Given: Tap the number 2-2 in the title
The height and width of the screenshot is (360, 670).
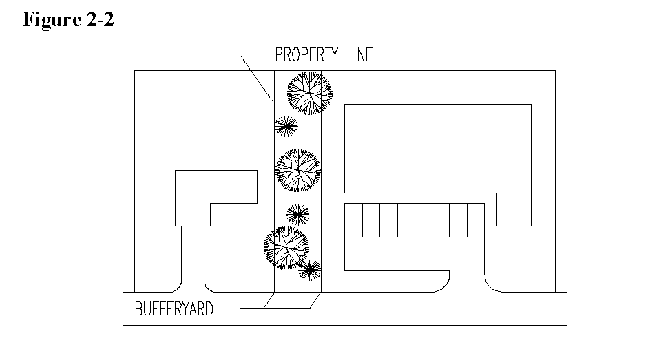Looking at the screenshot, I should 98,19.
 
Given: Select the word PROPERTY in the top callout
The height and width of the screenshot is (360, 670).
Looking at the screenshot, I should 307,55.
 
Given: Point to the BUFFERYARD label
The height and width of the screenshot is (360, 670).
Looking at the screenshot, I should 174,309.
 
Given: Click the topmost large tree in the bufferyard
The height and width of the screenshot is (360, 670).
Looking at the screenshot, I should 309,92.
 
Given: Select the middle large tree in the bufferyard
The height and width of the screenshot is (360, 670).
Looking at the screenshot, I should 297,170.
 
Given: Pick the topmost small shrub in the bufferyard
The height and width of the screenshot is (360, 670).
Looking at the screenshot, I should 286,126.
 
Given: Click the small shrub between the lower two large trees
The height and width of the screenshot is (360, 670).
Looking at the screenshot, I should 297,215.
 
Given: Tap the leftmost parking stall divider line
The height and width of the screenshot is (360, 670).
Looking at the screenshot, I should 364,220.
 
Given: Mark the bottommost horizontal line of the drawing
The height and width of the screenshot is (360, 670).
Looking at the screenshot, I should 344,325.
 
